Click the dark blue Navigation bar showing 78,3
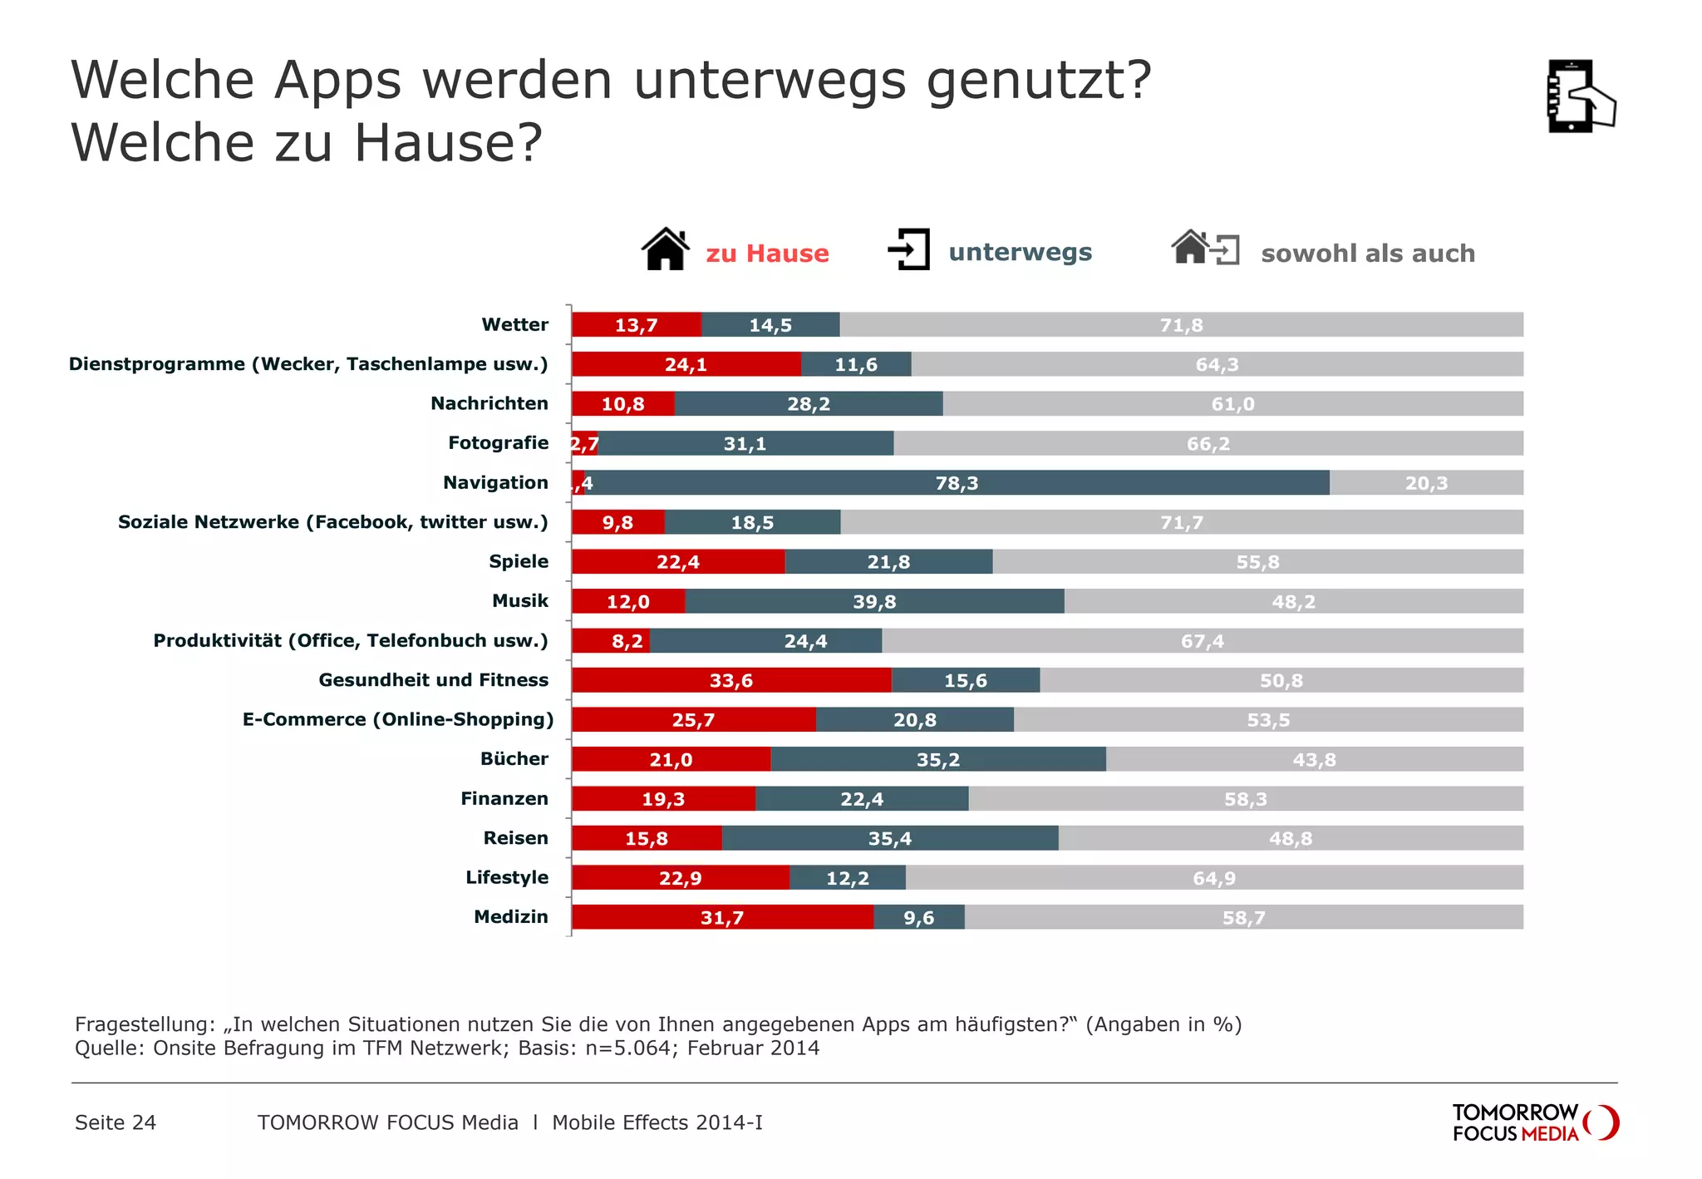click(x=956, y=483)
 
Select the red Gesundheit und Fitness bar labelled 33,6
click(x=730, y=680)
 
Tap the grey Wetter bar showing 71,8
click(x=1180, y=325)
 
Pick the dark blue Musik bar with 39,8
click(x=874, y=601)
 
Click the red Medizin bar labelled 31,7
click(x=721, y=917)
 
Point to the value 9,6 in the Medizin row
click(x=918, y=918)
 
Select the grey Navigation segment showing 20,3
click(x=1425, y=483)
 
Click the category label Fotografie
click(x=498, y=443)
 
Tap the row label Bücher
click(x=514, y=759)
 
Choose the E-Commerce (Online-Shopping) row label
click(x=397, y=719)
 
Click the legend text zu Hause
click(x=767, y=253)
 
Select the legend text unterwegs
click(x=1020, y=252)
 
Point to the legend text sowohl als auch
click(x=1367, y=253)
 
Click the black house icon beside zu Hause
click(x=666, y=249)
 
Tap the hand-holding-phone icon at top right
click(x=1579, y=96)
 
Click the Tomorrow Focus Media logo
click(x=1533, y=1122)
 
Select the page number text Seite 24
click(x=116, y=1122)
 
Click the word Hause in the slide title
click(x=449, y=143)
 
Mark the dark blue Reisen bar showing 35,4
click(x=889, y=838)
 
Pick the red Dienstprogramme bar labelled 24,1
click(x=686, y=364)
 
